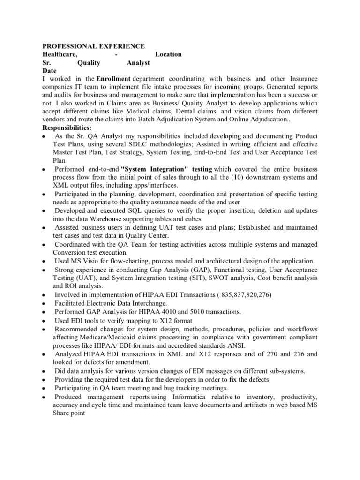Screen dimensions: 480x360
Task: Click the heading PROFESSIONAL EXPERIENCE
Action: coord(94,46)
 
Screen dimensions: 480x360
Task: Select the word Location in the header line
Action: coord(168,54)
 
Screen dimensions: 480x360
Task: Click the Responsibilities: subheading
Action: coord(67,128)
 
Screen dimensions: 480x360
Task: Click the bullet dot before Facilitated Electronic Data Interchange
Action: coord(44,303)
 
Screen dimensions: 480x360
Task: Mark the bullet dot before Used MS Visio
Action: coord(44,262)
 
